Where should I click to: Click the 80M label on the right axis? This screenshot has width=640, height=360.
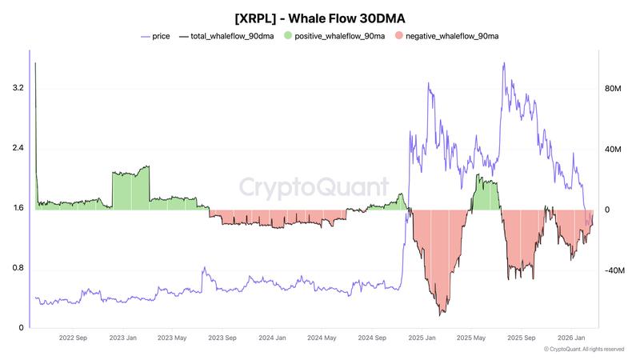613,88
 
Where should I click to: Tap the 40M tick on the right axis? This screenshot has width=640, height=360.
613,149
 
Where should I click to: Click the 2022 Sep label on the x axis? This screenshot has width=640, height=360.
73,338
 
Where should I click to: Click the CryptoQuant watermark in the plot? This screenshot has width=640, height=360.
315,188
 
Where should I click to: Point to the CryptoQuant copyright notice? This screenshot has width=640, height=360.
583,350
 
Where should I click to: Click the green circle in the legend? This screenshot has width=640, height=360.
288,37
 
